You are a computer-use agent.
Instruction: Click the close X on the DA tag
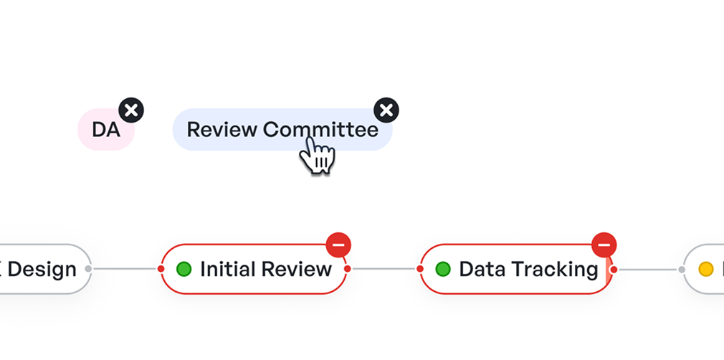click(130, 110)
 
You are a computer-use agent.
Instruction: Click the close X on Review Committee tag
click(386, 110)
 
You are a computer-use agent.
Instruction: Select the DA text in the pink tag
click(106, 130)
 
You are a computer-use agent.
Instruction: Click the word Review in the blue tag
click(222, 130)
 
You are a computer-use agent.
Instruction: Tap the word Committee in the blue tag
click(320, 130)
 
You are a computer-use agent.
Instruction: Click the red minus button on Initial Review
click(338, 245)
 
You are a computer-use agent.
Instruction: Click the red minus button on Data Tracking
click(604, 245)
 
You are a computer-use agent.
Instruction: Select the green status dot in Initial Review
click(184, 269)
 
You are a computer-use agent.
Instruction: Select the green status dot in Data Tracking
click(443, 269)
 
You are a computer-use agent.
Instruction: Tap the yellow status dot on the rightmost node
click(706, 269)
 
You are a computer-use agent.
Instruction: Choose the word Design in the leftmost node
click(42, 269)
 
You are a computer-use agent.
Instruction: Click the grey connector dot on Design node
click(88, 269)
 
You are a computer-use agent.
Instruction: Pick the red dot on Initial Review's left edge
click(161, 269)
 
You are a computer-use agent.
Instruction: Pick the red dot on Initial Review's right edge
click(348, 269)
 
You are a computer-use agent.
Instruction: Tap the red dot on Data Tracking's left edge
click(421, 269)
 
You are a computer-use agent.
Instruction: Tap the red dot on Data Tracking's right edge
click(614, 269)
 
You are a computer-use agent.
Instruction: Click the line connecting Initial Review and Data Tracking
click(384, 269)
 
